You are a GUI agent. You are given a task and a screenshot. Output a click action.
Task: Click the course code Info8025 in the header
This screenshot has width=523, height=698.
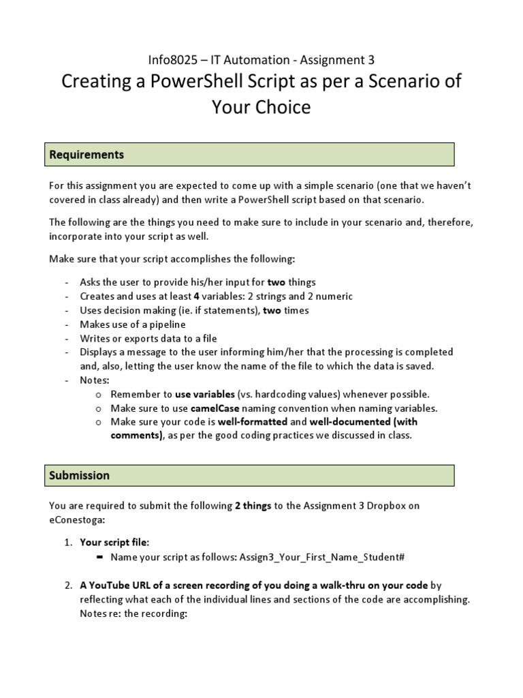tap(170, 61)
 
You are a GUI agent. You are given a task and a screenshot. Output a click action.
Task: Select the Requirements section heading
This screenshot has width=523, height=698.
tap(86, 155)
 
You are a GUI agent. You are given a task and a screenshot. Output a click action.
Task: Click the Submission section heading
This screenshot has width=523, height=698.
tap(79, 475)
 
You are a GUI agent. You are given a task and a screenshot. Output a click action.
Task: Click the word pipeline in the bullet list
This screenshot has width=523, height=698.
tap(161, 324)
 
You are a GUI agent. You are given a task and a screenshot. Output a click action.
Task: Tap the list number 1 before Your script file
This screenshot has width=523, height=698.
tap(67, 542)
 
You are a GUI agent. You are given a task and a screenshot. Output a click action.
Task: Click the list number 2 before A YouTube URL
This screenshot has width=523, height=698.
tap(67, 586)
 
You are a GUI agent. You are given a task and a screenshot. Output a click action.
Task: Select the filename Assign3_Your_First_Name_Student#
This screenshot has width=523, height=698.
tap(322, 557)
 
